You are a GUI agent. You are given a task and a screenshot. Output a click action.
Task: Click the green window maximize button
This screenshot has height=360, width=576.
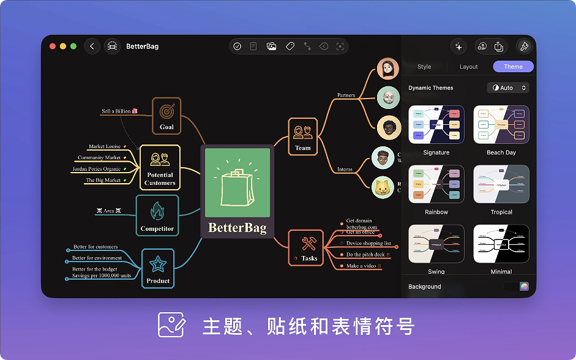point(73,47)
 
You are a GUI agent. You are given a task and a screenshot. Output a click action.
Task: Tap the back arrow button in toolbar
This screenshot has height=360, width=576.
point(92,47)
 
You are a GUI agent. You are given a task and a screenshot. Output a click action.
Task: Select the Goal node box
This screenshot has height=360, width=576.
point(166,115)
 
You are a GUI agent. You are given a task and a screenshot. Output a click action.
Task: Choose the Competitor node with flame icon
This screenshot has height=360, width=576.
point(157,216)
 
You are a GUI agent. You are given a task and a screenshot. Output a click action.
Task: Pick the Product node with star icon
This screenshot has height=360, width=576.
point(158,268)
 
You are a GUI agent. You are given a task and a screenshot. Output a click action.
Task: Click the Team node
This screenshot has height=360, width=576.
point(303,135)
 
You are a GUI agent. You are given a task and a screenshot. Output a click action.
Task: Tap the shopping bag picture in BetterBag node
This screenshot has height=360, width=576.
point(237,182)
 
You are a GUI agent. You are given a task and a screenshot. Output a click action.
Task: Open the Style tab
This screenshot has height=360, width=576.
point(424,67)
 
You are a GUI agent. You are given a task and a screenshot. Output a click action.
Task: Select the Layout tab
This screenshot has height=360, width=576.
point(469,67)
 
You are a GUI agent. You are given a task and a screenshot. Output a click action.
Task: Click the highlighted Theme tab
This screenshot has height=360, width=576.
point(513,67)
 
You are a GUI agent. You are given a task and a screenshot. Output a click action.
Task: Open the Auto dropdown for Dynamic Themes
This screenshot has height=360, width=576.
point(509,88)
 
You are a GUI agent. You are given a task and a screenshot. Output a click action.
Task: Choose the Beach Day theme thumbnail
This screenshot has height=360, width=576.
point(501,124)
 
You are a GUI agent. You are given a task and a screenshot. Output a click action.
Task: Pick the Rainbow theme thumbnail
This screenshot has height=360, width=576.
point(436,184)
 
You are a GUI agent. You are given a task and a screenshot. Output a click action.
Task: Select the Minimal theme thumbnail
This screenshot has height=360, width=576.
point(501,244)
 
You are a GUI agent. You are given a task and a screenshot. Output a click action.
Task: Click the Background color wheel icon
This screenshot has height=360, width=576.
point(524,287)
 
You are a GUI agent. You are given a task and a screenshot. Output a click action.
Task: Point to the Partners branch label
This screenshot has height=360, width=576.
point(346,95)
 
